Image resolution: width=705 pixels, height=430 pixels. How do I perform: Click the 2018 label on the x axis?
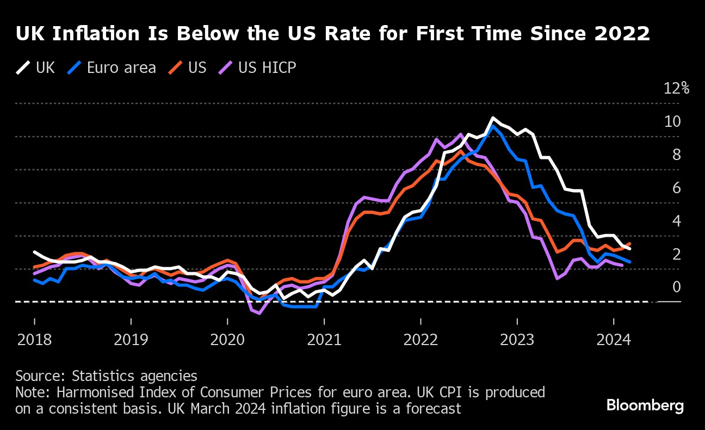(x=34, y=340)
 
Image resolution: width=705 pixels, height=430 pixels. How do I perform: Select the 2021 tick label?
(x=324, y=340)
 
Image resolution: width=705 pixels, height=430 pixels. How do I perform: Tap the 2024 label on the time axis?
(x=614, y=340)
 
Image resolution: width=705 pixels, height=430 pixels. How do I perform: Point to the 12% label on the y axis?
(x=676, y=89)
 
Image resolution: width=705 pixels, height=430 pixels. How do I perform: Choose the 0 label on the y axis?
(x=677, y=287)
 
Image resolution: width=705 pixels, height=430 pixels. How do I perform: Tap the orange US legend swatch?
(x=176, y=68)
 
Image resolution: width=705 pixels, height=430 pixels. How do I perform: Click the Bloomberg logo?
(x=645, y=406)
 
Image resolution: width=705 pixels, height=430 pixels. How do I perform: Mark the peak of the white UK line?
(x=493, y=118)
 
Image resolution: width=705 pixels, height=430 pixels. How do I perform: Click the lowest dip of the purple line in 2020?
(x=259, y=313)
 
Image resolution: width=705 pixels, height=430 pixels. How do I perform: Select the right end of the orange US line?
(x=630, y=244)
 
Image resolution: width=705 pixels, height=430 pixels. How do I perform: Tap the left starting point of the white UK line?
(x=34, y=252)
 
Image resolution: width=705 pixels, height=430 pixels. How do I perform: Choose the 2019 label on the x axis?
(x=131, y=340)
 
